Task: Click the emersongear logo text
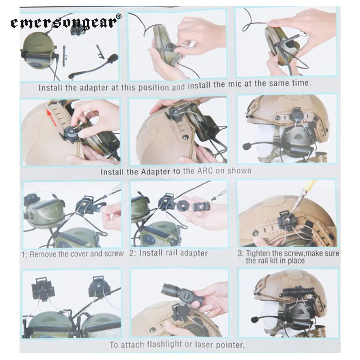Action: click(64, 23)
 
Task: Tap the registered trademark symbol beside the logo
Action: click(119, 16)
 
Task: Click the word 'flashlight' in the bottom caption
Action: click(164, 344)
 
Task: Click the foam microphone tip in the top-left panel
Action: click(113, 58)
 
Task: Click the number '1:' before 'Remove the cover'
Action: click(24, 254)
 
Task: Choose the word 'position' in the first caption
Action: click(153, 87)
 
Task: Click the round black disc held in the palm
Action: click(183, 205)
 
